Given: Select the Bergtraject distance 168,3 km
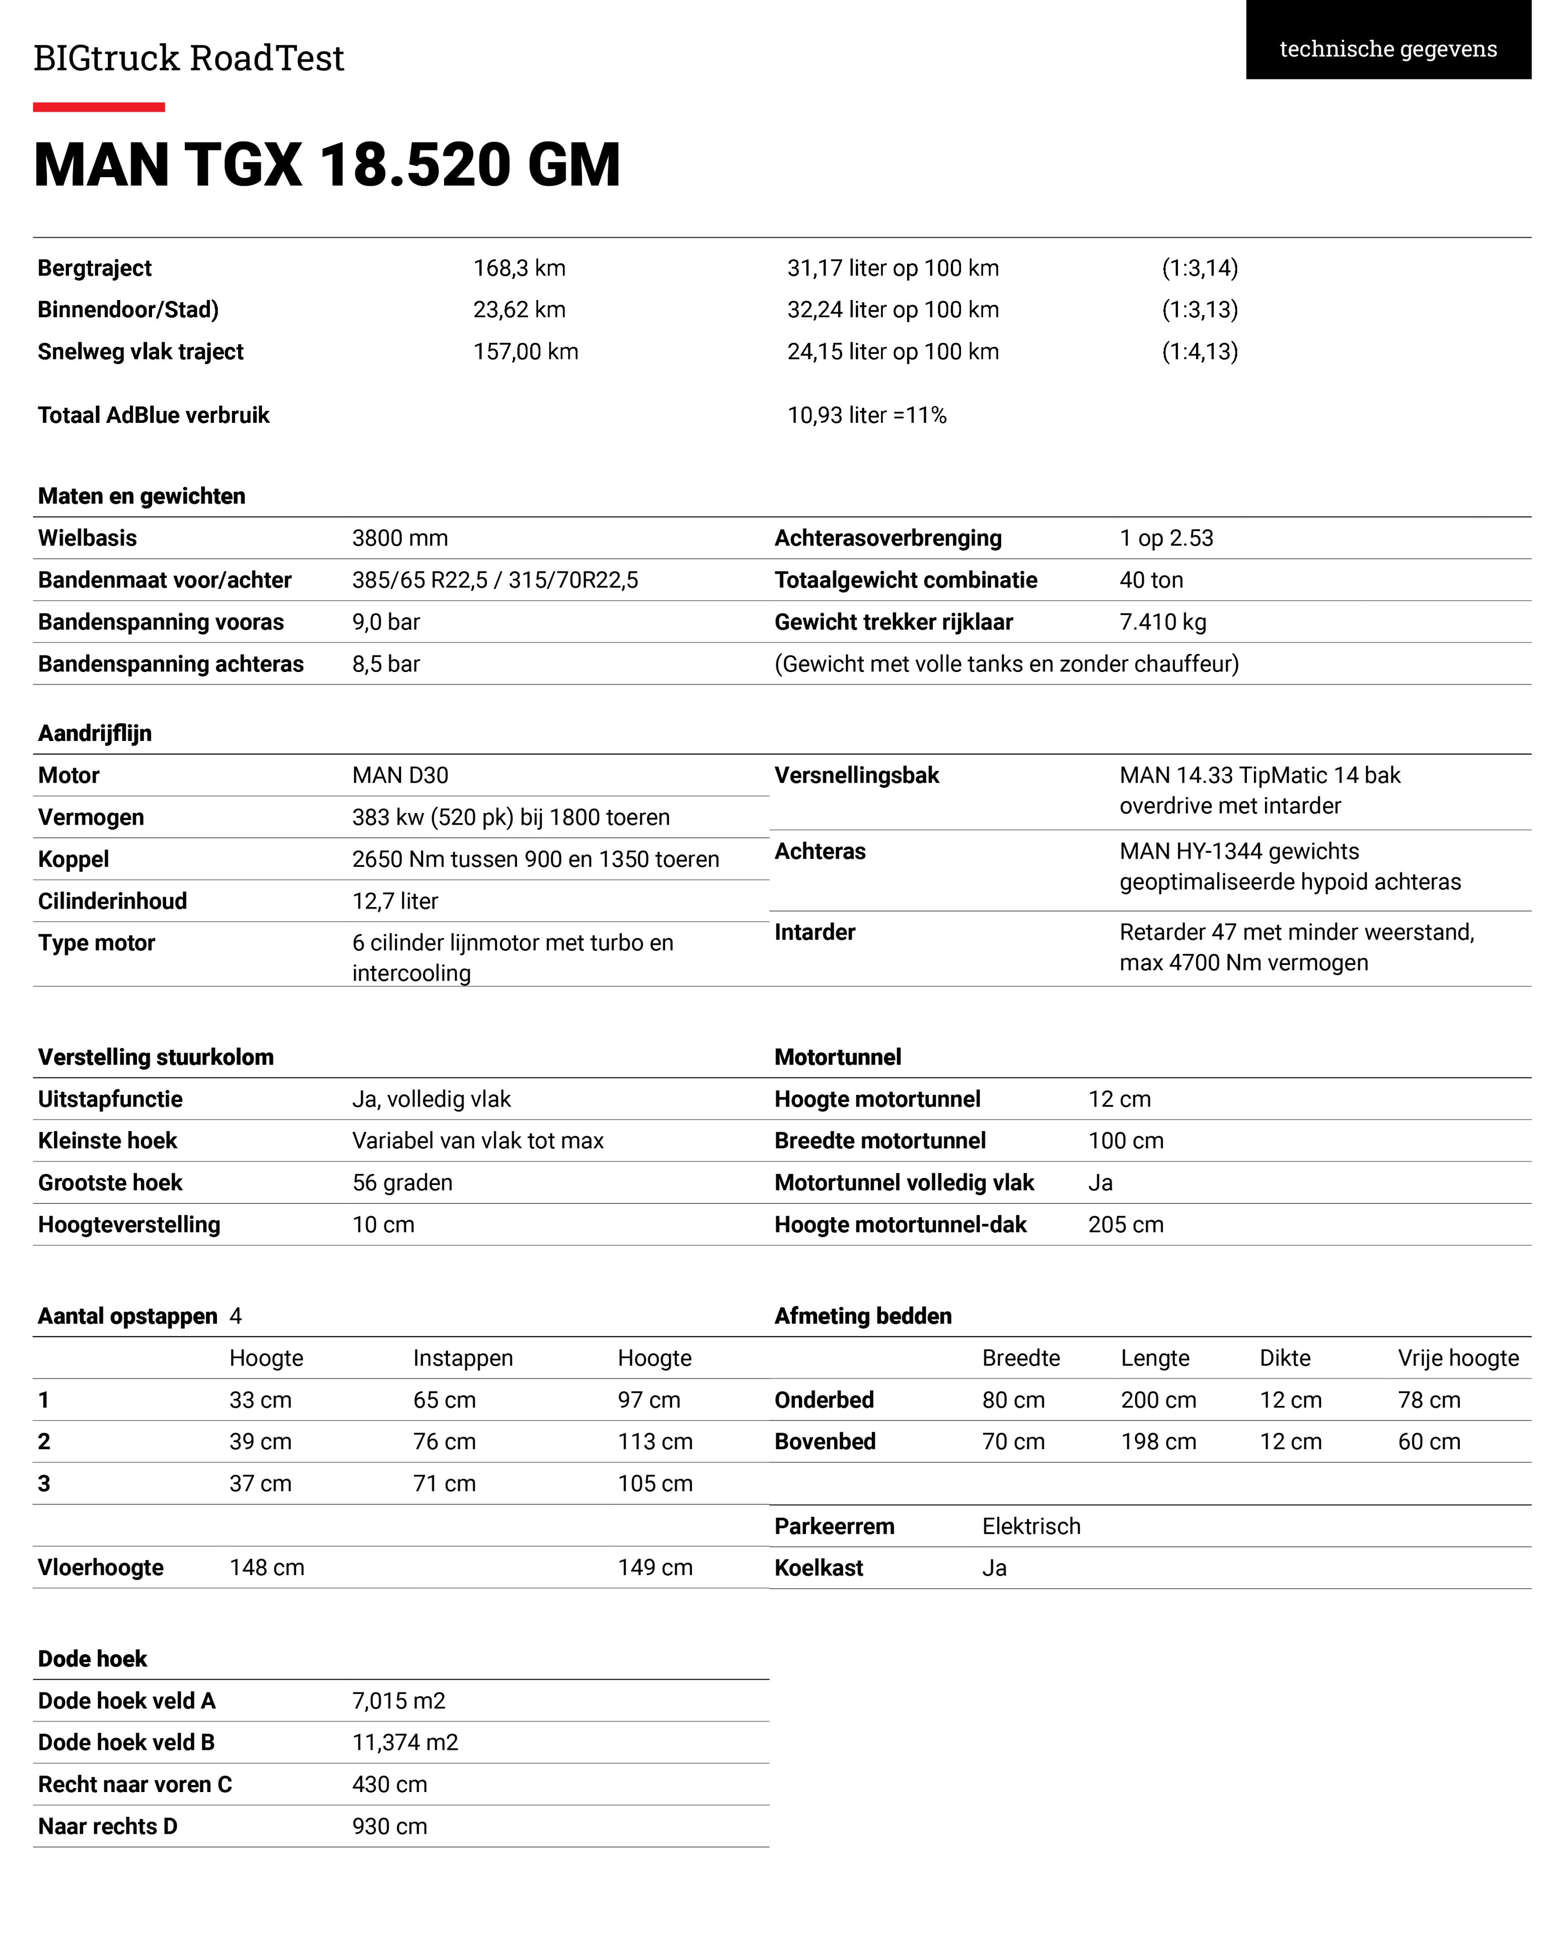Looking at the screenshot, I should (519, 268).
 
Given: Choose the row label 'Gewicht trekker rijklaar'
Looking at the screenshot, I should (893, 622).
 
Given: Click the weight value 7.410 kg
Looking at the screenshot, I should (1162, 622).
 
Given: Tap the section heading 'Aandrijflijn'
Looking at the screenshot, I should (95, 733).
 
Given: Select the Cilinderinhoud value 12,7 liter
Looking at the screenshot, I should (395, 901).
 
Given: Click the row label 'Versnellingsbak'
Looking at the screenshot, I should (856, 775).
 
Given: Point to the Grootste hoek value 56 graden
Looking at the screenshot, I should (402, 1183).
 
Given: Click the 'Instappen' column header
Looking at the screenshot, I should (463, 1358).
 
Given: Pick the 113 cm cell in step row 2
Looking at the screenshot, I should (654, 1442).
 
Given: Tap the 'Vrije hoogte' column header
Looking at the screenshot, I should (1458, 1358).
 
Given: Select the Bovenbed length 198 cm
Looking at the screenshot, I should (1158, 1442).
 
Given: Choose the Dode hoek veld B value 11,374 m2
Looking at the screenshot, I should (405, 1742).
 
